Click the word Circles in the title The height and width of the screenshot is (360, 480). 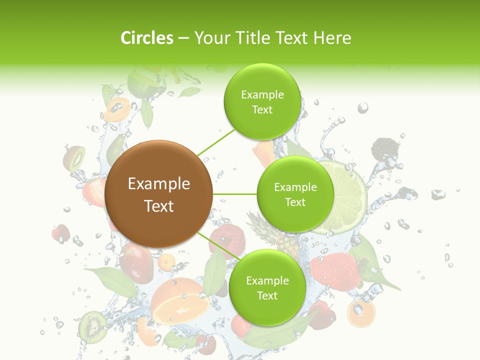[x=147, y=38]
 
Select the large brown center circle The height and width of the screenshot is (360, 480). [x=159, y=194]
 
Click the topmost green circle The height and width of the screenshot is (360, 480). [x=261, y=101]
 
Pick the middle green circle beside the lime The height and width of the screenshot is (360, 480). [x=295, y=194]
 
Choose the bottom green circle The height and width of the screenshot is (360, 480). [x=267, y=287]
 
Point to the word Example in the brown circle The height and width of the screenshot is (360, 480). [x=159, y=184]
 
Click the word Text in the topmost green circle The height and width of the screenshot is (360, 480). [x=262, y=110]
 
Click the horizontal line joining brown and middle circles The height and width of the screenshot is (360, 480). [x=234, y=194]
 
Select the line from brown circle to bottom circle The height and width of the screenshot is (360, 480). [x=218, y=245]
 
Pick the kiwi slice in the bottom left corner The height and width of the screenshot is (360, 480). [x=92, y=325]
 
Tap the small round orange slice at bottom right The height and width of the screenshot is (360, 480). [x=361, y=313]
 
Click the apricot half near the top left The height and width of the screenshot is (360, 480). [x=117, y=109]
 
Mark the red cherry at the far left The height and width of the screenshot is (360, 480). [x=60, y=232]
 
